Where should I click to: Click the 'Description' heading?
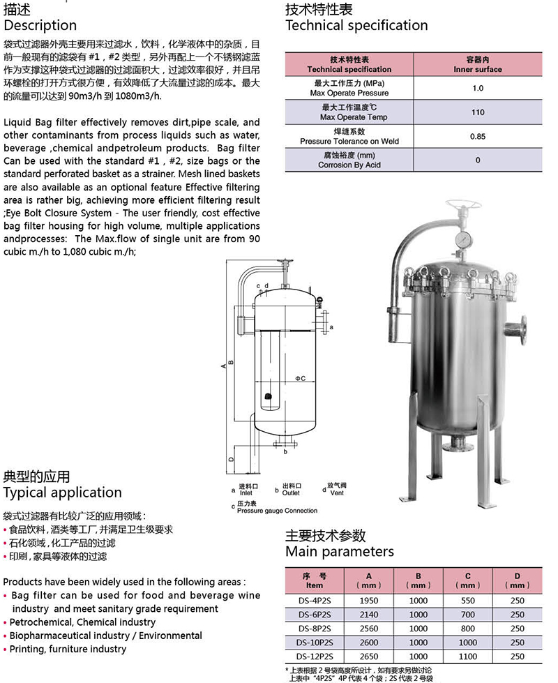coord(40,26)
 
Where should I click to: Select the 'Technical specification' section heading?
coord(356,26)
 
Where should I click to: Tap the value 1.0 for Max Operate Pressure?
coord(478,89)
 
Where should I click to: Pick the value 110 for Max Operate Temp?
coord(478,112)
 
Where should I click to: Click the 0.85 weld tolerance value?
coord(478,137)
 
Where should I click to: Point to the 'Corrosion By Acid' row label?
coord(349,165)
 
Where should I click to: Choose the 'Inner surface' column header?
coord(478,70)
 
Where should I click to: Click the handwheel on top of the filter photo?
coord(463,208)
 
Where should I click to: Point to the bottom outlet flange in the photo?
coord(458,443)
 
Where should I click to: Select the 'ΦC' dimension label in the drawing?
coord(300,378)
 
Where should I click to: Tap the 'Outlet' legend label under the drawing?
coord(291,493)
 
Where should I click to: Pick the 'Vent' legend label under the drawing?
coord(337,493)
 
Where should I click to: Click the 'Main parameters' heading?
coord(339,552)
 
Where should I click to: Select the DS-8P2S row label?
coord(315,629)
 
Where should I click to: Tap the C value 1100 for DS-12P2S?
coord(468,656)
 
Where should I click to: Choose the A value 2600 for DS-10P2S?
coord(369,643)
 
